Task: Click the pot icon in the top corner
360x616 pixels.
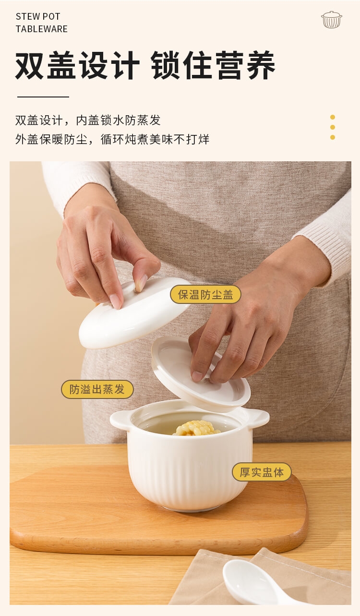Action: tap(331, 20)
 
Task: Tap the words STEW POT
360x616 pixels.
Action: tap(38, 16)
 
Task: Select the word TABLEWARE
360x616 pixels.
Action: tap(42, 29)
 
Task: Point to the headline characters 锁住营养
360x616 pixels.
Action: tap(213, 65)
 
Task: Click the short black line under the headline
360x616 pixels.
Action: tap(43, 97)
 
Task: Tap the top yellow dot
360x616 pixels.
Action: tap(333, 117)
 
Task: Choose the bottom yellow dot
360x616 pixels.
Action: tap(333, 137)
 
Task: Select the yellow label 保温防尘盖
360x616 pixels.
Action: tap(206, 294)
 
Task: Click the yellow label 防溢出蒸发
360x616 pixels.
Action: tap(97, 389)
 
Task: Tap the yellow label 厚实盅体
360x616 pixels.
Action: tap(262, 472)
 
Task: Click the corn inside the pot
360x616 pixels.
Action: tap(196, 428)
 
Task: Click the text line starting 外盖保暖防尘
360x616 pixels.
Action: tap(112, 139)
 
